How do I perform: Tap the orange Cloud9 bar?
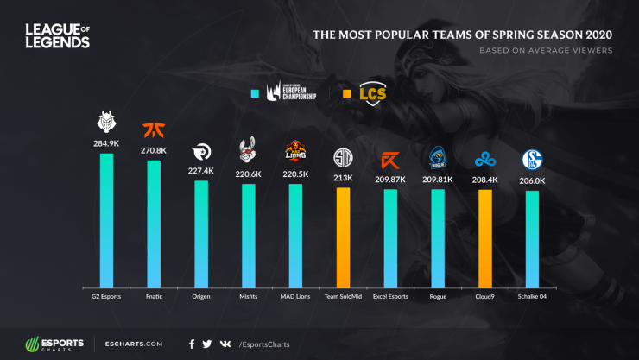point(484,237)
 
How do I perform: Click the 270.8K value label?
point(154,150)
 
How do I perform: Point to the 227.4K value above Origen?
point(200,170)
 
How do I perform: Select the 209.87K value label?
point(390,180)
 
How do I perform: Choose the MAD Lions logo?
point(295,154)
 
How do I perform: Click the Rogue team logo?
point(437,158)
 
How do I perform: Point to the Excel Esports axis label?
point(390,296)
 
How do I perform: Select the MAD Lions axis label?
point(295,296)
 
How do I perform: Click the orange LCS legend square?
point(346,93)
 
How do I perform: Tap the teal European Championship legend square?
point(254,93)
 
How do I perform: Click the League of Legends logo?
point(57,35)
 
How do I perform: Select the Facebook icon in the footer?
point(191,343)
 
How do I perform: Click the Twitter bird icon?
point(206,343)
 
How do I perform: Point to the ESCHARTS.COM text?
point(130,343)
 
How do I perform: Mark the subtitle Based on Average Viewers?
point(546,50)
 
